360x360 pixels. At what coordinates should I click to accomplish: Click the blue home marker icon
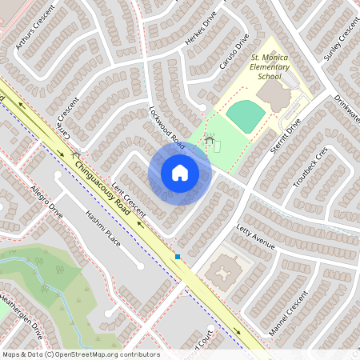point(180,173)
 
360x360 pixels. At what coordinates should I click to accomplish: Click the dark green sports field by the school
point(245,118)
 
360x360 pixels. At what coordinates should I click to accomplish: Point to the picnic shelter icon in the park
point(210,142)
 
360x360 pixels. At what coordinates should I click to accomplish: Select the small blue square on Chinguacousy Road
point(178,257)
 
